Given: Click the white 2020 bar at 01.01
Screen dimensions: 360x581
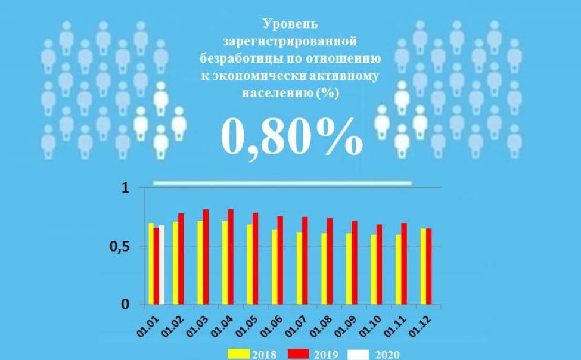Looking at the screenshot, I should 161,265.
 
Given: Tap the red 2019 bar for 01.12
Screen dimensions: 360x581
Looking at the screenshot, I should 429,266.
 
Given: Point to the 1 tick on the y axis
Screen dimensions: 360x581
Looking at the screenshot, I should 125,188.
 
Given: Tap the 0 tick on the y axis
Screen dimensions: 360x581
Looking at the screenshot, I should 125,305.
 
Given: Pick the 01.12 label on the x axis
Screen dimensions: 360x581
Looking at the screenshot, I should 421,324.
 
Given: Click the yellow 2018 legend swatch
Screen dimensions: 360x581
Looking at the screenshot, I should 238,354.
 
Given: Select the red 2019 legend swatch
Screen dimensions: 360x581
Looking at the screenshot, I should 302,354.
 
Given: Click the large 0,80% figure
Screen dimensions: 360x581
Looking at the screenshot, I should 291,135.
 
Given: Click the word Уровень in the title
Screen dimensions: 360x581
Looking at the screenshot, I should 290,24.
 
